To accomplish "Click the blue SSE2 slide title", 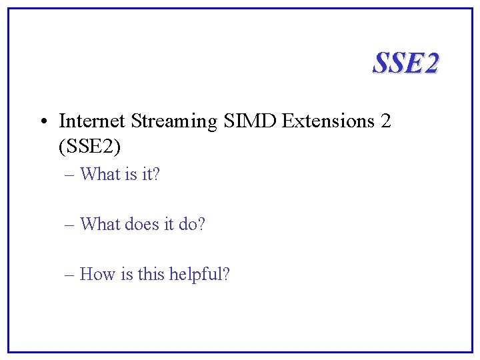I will click(405, 63).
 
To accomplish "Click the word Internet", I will click(92, 121).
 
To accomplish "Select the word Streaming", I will click(174, 122).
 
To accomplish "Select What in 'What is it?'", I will click(99, 175).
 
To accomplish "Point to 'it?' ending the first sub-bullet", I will click(151, 175).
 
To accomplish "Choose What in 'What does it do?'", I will click(99, 224).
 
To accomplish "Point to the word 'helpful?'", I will click(199, 274).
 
